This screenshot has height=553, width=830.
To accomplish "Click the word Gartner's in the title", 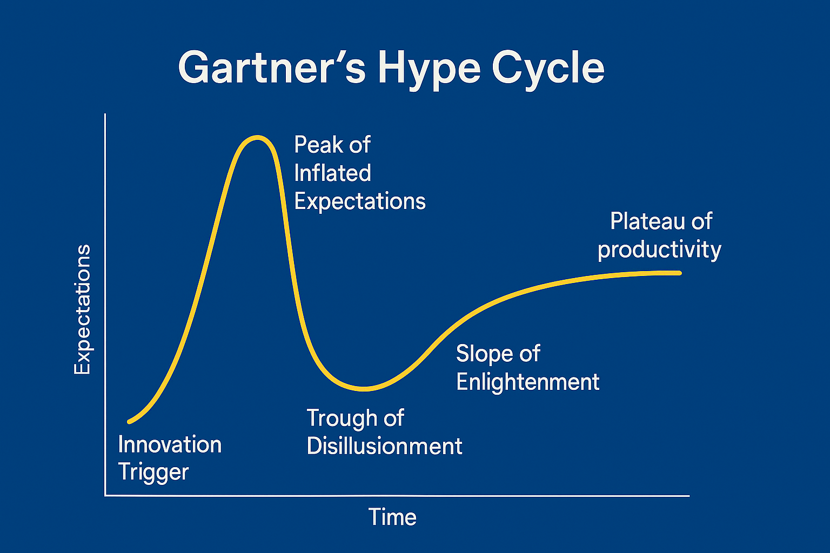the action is (272, 68).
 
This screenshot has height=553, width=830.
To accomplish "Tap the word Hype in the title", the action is (429, 70).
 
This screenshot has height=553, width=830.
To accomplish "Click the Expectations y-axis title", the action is (82, 309).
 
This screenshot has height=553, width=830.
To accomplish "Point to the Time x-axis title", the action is (392, 517).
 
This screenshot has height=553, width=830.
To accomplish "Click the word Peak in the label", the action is (317, 144).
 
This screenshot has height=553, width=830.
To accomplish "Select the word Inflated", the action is (332, 173).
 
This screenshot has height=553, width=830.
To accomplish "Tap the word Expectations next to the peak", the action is (360, 201).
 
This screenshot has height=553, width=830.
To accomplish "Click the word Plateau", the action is (647, 221).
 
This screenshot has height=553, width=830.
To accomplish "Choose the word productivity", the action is (660, 249).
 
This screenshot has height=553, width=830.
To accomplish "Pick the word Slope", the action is (485, 353).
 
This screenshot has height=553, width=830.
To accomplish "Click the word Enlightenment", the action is (528, 382).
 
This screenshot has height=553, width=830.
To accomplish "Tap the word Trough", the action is (342, 419).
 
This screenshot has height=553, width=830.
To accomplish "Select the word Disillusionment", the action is (385, 446).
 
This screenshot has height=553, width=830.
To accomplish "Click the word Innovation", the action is (170, 444).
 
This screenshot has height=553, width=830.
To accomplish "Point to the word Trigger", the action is (153, 473).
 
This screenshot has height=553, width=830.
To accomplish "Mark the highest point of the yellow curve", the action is (257, 137).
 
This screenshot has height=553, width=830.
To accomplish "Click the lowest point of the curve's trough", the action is (365, 389).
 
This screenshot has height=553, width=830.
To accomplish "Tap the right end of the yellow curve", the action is (680, 273).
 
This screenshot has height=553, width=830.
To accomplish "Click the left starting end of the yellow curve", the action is (129, 422).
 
